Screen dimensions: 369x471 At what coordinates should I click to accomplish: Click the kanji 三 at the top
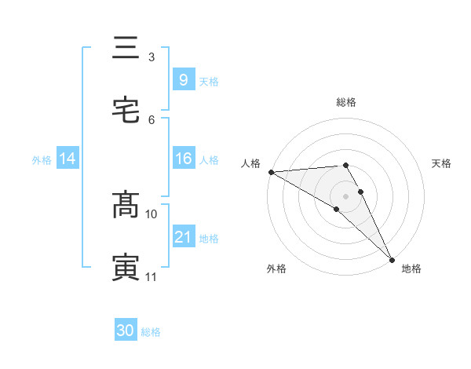pos(126,49)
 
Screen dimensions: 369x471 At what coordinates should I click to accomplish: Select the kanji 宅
pos(126,111)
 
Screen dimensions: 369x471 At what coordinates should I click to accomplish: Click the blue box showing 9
pos(183,79)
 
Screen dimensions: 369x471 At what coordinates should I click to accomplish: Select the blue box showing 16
pos(183,159)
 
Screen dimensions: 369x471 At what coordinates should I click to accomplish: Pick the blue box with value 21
pos(183,237)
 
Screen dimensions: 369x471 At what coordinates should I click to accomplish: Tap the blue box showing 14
pos(68,159)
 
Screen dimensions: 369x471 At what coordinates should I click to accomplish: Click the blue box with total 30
pos(126,331)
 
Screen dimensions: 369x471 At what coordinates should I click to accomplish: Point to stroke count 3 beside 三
pos(152,57)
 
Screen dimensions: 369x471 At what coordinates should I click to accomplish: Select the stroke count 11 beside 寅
pos(152,276)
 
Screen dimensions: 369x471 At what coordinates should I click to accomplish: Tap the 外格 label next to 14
pos(42,159)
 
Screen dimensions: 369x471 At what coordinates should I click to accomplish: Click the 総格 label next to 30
pos(151,332)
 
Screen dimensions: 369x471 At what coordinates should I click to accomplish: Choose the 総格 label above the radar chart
pos(346,102)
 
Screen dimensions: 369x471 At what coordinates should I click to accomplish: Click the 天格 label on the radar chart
pos(442,163)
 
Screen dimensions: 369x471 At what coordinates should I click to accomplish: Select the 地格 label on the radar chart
pos(411,269)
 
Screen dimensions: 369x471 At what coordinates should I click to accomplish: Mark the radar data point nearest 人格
pos(271,172)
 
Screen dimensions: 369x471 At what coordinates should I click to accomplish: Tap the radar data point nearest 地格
pos(392,260)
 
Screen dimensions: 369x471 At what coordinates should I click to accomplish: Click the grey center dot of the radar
pos(346,195)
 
